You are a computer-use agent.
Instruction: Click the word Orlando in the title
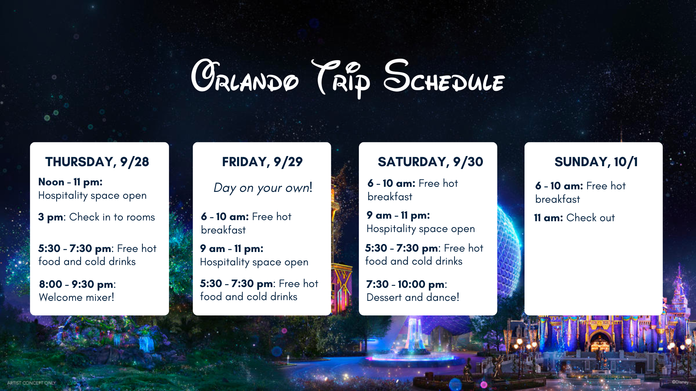245,76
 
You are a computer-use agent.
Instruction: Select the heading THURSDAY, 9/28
97,162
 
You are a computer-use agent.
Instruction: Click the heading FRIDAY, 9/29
262,162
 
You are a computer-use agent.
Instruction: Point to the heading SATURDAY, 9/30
430,162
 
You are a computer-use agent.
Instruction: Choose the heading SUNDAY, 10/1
596,162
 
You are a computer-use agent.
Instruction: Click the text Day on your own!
263,188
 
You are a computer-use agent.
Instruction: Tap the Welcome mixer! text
76,297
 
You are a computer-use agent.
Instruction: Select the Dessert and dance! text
413,297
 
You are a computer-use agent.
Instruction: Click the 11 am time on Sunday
548,218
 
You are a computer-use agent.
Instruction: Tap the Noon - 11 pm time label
70,182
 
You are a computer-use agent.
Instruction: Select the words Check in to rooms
112,217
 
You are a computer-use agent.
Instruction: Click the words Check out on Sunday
591,218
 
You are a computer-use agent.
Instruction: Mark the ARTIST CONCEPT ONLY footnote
32,383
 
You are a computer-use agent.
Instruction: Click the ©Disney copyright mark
680,382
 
